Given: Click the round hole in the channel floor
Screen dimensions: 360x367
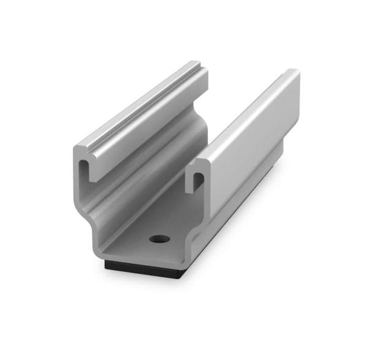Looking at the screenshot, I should (158, 238).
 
